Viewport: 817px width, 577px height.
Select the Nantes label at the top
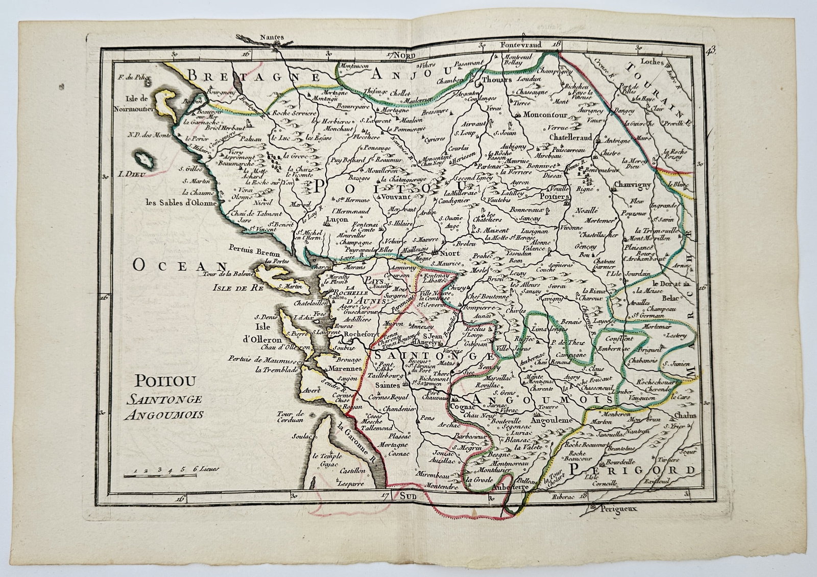click(x=271, y=37)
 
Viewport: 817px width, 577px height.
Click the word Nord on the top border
click(x=410, y=55)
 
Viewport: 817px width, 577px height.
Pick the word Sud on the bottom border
click(x=409, y=495)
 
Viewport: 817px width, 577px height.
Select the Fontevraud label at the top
click(x=520, y=44)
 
